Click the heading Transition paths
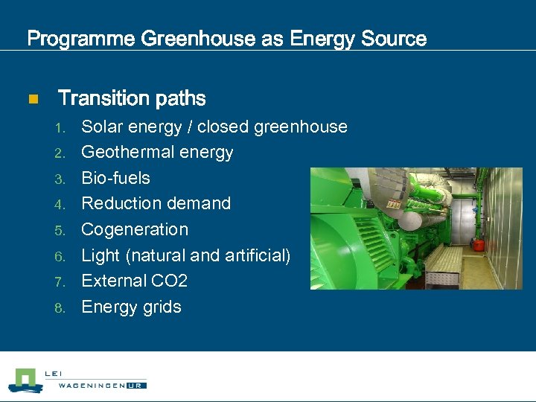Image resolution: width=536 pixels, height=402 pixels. coord(132,98)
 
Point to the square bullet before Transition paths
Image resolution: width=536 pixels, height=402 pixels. coord(32,99)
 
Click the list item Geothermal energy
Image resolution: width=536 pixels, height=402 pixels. coord(157,153)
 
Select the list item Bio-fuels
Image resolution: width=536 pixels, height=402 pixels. coord(115,178)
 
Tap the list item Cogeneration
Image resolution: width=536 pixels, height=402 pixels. coord(135,229)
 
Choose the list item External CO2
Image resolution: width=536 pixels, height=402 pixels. coord(134,281)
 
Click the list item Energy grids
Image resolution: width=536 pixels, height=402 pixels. coord(131,307)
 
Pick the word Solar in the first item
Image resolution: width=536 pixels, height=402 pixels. coord(101,127)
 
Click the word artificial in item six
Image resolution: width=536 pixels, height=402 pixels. coord(254,255)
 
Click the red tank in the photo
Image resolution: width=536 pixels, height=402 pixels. coord(478,243)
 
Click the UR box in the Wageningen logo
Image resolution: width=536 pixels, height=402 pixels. coord(138,385)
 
